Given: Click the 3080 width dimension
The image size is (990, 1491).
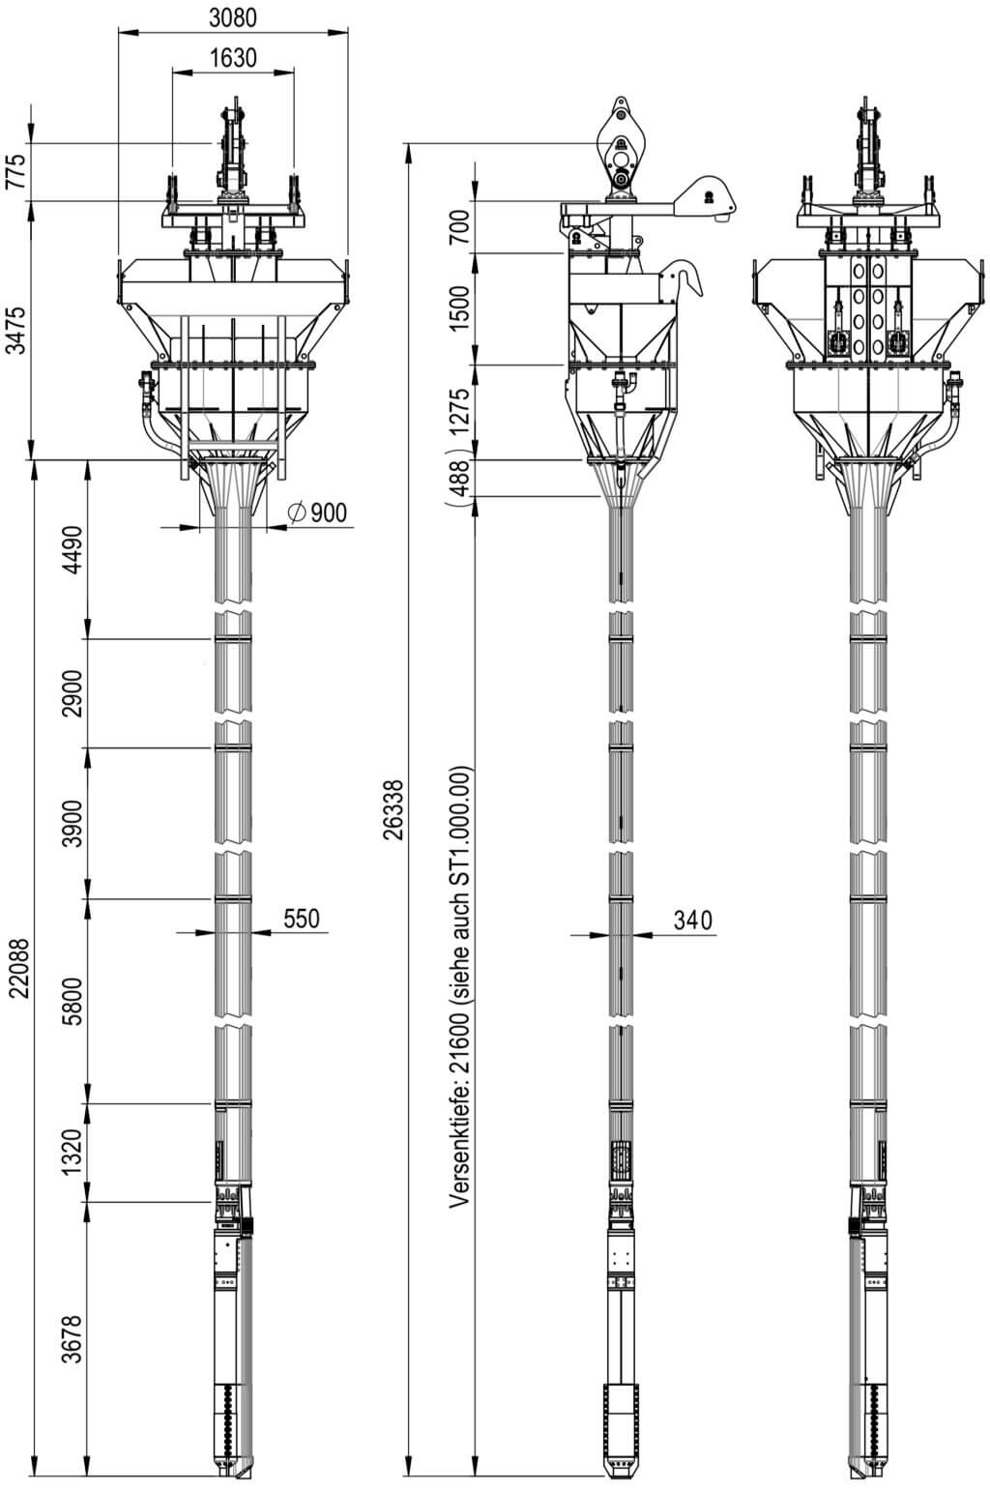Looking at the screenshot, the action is pos(233,18).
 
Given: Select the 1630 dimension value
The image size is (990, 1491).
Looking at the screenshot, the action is pos(233,58).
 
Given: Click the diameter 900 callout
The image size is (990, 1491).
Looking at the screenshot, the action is pos(317,512).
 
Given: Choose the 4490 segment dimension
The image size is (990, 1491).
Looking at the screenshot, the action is pos(73,549).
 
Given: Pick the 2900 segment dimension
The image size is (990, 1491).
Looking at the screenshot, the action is pos(73,693).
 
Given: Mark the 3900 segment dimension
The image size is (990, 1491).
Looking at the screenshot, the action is pos(73,824).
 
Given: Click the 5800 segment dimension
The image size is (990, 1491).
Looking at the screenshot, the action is pos(73,1001).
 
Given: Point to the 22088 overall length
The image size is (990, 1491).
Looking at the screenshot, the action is pos(19,969).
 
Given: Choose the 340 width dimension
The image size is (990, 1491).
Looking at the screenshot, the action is pos(692,920).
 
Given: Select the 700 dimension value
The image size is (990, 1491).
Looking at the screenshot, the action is pos(459,226).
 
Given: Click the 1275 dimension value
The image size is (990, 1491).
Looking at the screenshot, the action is pos(459,411).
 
